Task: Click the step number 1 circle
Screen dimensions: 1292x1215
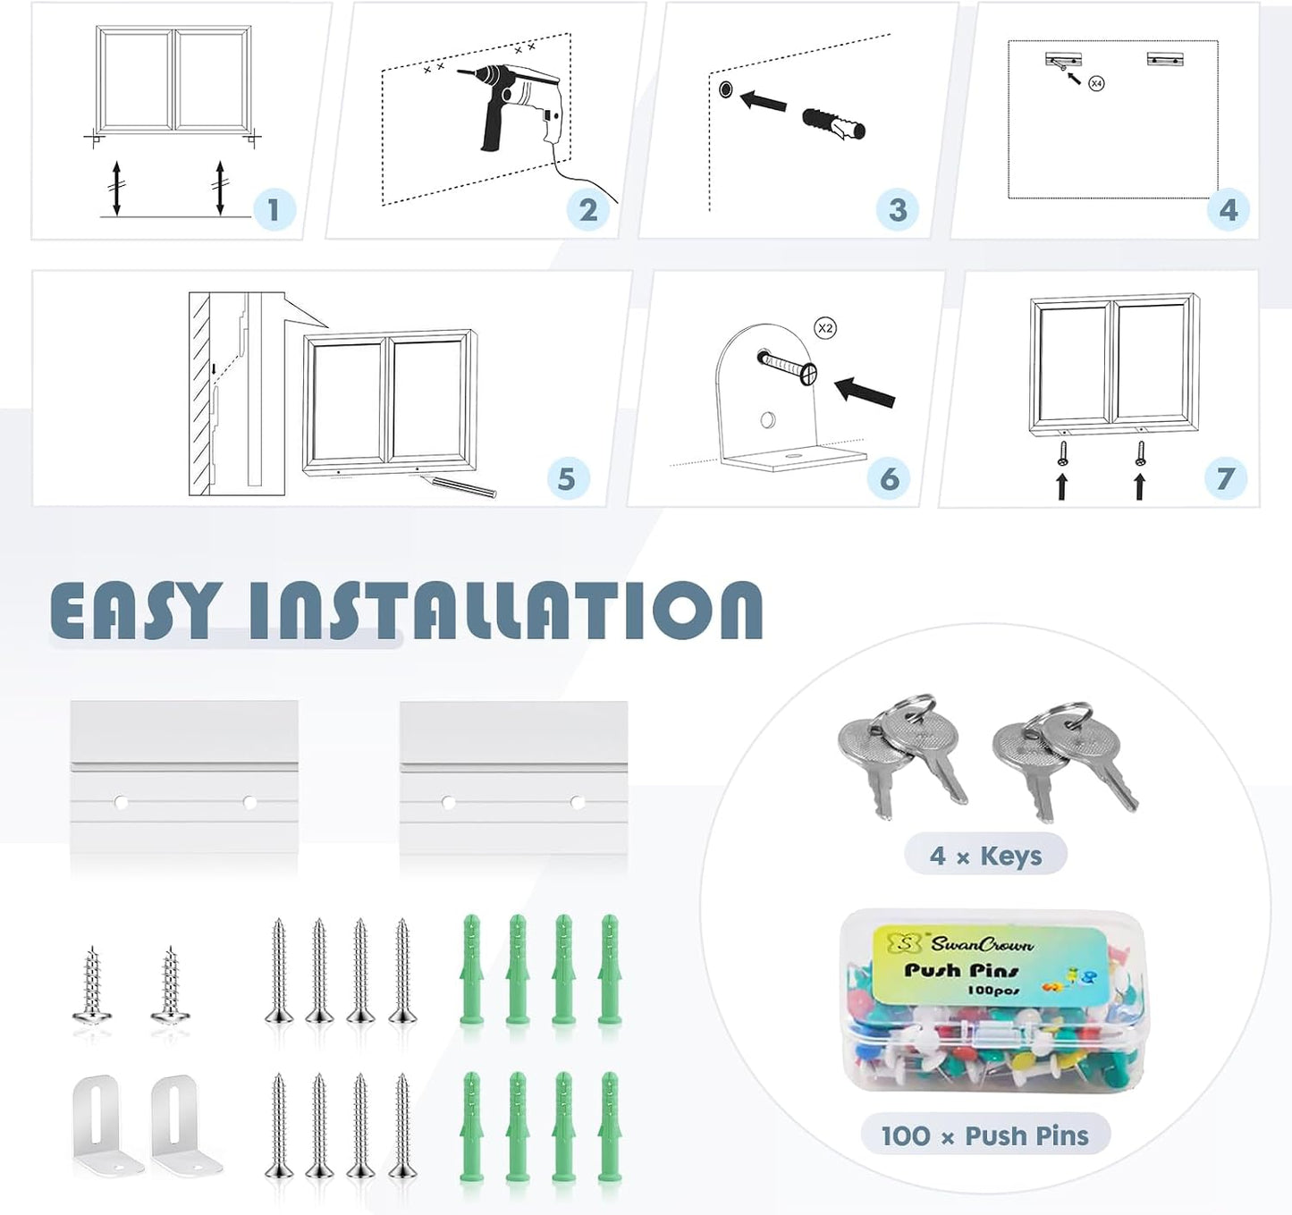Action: click(x=274, y=209)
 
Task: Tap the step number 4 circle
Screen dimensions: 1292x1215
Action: click(x=1228, y=209)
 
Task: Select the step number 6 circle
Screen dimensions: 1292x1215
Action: click(x=889, y=479)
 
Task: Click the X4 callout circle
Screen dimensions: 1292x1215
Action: click(x=1096, y=84)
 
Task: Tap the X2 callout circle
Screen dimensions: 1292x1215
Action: click(x=825, y=329)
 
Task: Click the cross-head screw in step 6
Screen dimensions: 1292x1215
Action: click(x=787, y=367)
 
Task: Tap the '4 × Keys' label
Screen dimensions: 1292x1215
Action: click(x=985, y=856)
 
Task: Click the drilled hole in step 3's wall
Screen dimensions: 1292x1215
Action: click(x=726, y=89)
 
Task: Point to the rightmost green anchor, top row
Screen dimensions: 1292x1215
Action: click(x=609, y=970)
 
